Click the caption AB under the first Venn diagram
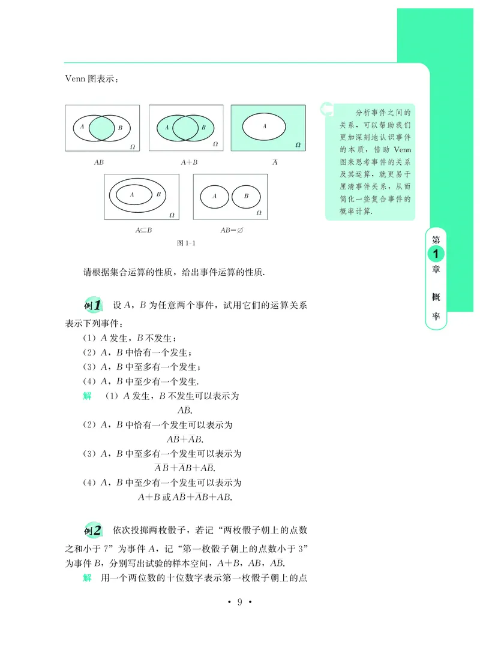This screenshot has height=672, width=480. (x=99, y=162)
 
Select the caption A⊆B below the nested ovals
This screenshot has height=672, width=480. (x=143, y=229)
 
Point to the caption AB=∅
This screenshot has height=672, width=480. (x=230, y=229)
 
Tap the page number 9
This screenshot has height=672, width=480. (x=239, y=602)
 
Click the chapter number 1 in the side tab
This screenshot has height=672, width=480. (x=434, y=254)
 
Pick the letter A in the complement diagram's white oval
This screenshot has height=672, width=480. (x=265, y=126)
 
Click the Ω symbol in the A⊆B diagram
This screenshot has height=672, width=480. (x=172, y=213)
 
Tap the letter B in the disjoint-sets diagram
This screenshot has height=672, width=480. (x=245, y=195)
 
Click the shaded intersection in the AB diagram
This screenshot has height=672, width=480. (x=103, y=128)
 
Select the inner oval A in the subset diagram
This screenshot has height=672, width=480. (x=131, y=194)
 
